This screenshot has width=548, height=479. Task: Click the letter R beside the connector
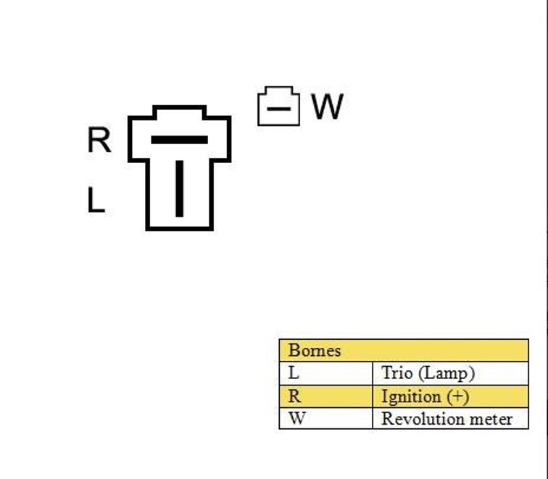tap(99, 140)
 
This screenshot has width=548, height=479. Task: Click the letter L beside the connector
tap(95, 201)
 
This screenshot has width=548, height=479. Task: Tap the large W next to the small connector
tap(327, 107)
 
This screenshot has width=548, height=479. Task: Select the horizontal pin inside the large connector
tap(179, 140)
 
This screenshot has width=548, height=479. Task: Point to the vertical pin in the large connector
tap(179, 188)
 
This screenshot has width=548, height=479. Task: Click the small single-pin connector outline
tap(278, 107)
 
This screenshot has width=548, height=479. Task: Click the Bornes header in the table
tap(314, 351)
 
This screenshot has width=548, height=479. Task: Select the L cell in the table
tap(294, 373)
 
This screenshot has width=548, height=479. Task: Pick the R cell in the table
tap(294, 396)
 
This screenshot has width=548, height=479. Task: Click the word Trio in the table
tap(397, 373)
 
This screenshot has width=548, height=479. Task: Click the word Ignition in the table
tap(410, 397)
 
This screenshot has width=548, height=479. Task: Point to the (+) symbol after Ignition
tap(457, 397)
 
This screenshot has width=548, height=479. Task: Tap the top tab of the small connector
tap(278, 91)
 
